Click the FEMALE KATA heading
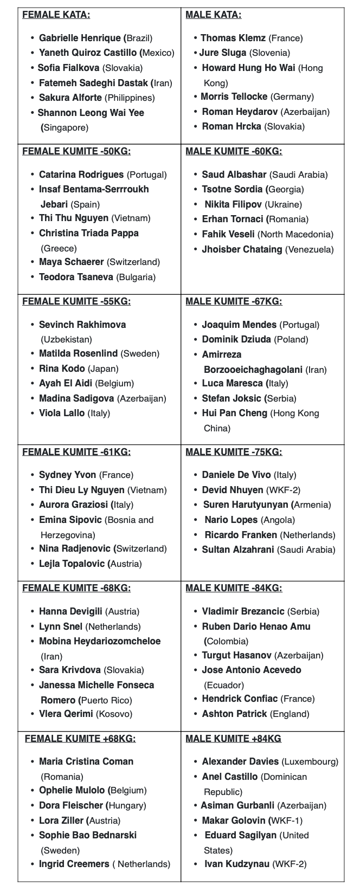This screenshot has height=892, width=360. pos(56,15)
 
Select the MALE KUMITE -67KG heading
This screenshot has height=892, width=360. pos(234,302)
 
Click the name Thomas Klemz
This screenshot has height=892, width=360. pos(233,38)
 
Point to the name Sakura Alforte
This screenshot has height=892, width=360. pos(70,98)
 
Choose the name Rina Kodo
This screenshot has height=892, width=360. pos(62,369)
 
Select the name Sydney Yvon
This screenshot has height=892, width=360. pos(67,475)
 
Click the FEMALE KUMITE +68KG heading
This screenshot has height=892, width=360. pos(80,739)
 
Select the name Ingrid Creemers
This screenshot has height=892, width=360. pos(73,864)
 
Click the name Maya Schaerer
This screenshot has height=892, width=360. pos(71,262)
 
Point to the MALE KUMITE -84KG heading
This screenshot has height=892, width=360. pos(234,588)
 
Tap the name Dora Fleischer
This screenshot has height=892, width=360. pos(70,805)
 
